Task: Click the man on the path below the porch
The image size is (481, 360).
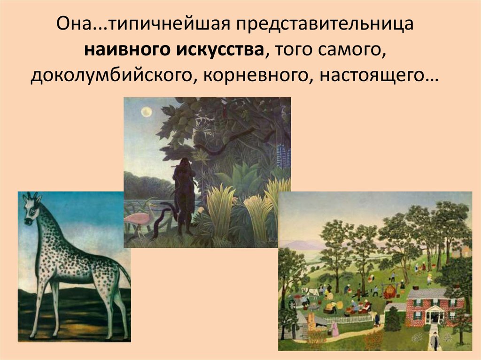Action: tap(434, 341)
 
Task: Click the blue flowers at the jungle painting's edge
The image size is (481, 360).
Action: tap(283, 150)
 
